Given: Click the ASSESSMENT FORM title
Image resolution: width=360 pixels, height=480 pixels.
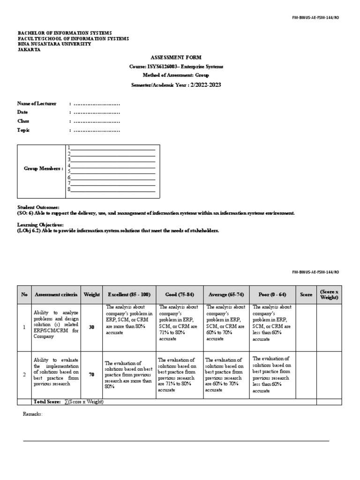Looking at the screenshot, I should click(x=176, y=57).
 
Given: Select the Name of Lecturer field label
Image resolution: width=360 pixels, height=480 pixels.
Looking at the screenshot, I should click(x=37, y=104).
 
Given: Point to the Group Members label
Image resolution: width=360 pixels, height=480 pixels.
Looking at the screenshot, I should click(x=43, y=168).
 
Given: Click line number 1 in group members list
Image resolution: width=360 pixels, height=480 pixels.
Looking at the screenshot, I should click(x=112, y=148).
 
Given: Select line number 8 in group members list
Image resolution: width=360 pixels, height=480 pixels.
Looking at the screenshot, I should click(x=112, y=189).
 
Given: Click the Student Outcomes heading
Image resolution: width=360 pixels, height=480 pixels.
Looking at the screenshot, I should click(x=38, y=207).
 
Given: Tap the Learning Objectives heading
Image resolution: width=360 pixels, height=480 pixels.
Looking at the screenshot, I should click(x=40, y=225).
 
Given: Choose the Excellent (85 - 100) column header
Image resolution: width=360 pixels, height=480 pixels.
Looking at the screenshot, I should click(x=129, y=294).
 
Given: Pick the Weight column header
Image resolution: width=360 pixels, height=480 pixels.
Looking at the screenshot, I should click(x=92, y=294).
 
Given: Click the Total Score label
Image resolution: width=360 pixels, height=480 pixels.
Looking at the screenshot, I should click(x=46, y=402).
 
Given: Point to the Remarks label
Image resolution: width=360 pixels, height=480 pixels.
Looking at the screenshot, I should click(x=33, y=414).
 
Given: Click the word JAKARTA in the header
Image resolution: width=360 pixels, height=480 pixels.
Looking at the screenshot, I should click(x=29, y=50).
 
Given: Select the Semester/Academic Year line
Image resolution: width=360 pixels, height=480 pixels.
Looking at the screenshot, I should click(x=176, y=84).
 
